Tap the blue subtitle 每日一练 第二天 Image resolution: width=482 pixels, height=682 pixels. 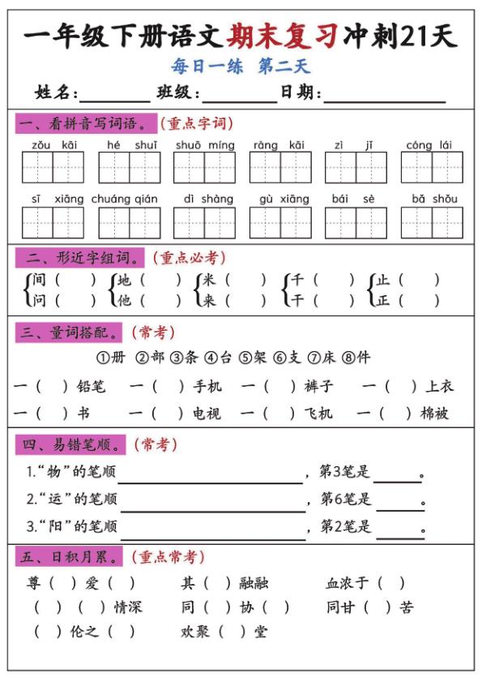pyautogui.click(x=241, y=66)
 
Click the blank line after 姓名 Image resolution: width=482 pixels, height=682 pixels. pyautogui.click(x=115, y=96)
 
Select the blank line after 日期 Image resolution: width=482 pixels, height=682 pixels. pyautogui.click(x=384, y=96)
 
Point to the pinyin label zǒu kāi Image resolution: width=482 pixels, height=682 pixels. pyautogui.click(x=54, y=145)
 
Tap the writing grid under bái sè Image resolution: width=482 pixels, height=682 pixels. pyautogui.click(x=356, y=222)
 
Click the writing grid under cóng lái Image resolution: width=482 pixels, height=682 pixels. pyautogui.click(x=431, y=168)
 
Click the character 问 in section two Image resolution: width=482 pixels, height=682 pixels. pyautogui.click(x=40, y=300)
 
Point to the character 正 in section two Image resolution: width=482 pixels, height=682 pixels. pyautogui.click(x=383, y=300)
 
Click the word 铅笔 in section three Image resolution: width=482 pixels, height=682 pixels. pyautogui.click(x=91, y=387)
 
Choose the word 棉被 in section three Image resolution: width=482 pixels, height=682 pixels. pyautogui.click(x=435, y=414)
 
